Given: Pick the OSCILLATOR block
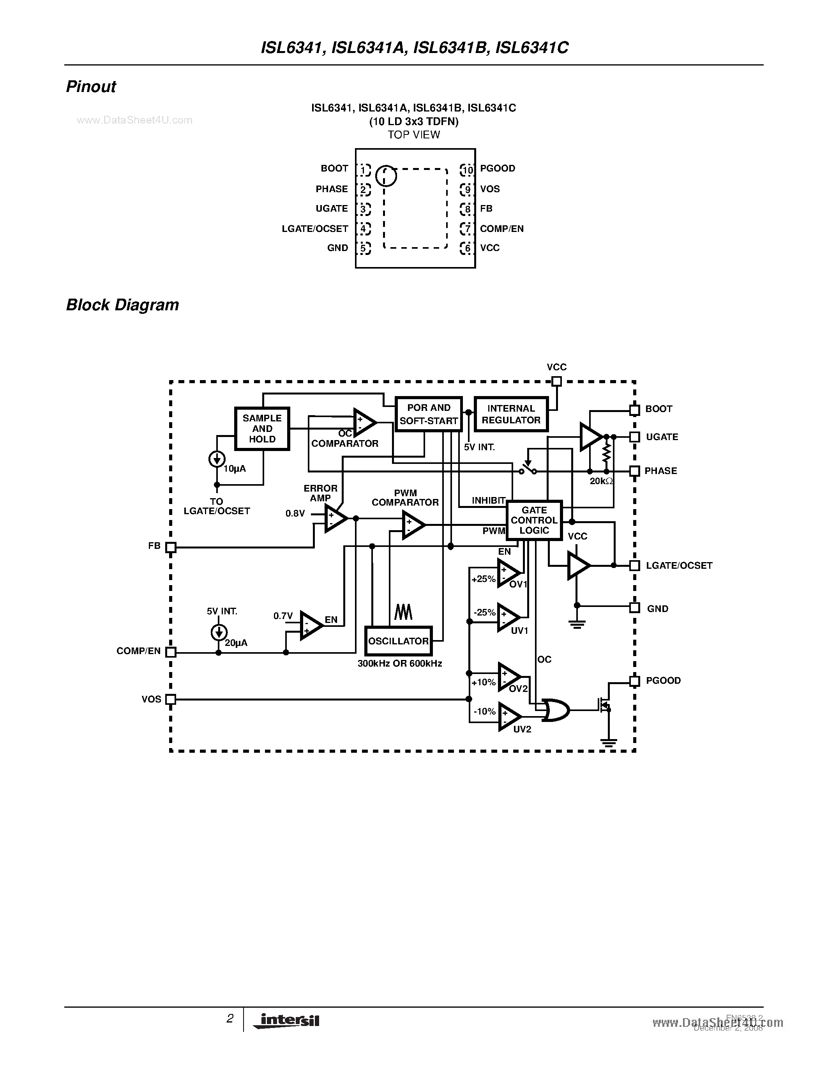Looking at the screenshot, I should point(398,641).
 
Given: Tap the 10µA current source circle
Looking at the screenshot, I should point(217,460).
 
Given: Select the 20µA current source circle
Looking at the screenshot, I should point(219,632).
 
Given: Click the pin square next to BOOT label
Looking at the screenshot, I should point(634,410).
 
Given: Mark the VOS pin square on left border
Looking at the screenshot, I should point(170,699).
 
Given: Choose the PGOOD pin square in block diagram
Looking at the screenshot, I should point(634,681).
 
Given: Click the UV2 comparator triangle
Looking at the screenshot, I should point(508,716).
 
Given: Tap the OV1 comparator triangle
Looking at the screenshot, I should point(508,573).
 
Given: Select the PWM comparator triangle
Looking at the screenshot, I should point(413,525).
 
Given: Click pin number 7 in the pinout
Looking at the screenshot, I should point(467,229).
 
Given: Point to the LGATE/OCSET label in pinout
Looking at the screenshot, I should point(314,229).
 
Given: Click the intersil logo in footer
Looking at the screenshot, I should point(287,1020).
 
